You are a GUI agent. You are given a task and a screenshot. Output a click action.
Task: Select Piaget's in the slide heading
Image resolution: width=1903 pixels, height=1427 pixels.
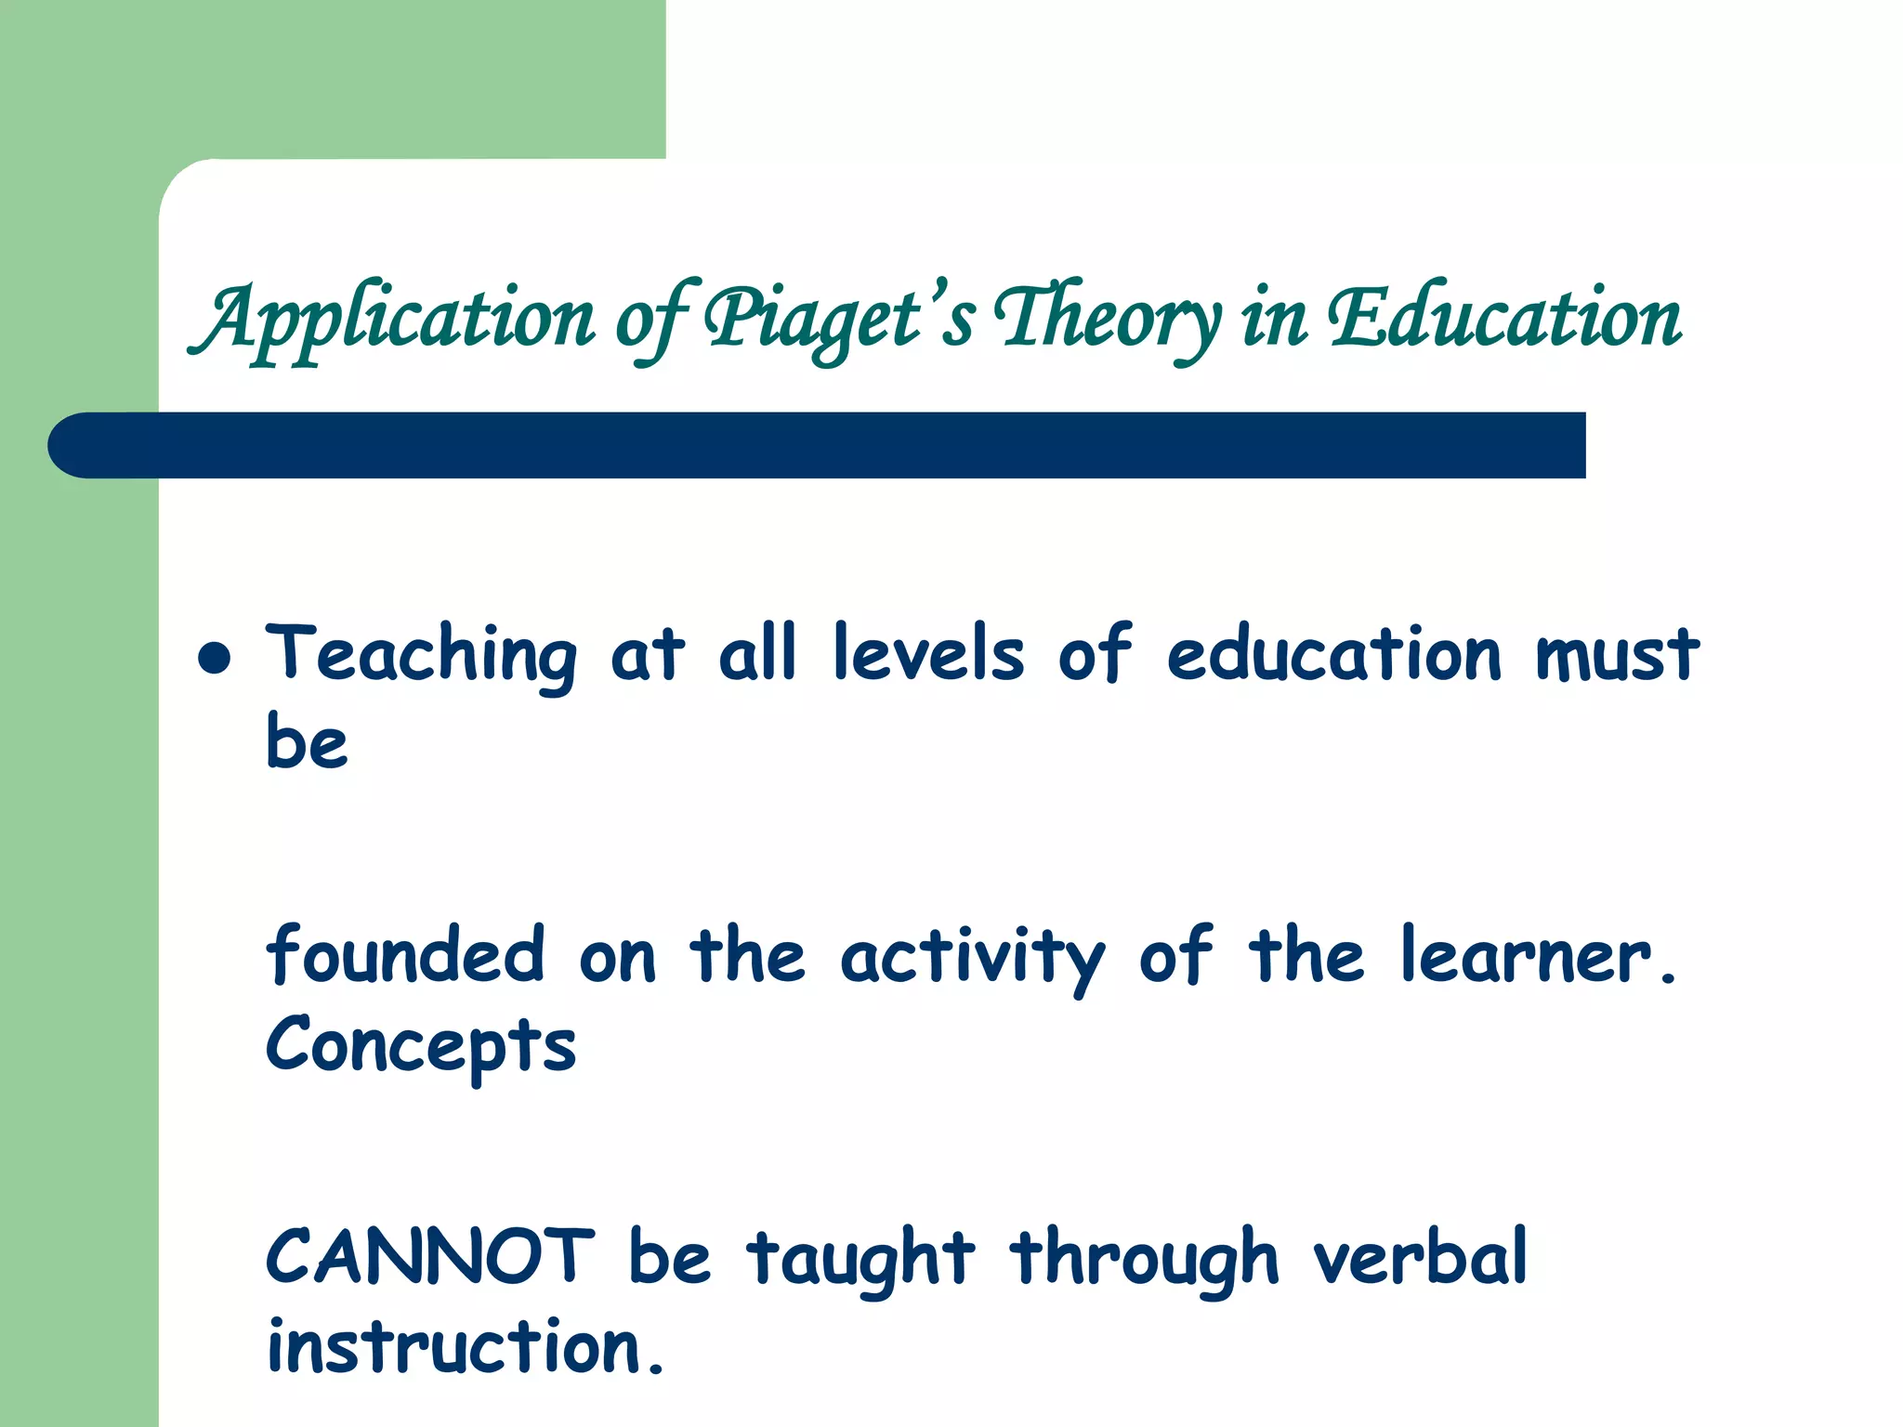tap(839, 319)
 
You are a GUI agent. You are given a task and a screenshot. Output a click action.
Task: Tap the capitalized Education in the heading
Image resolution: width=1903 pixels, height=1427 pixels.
tap(1503, 319)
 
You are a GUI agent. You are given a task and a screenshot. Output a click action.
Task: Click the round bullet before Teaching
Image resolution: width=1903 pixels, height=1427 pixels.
tap(215, 658)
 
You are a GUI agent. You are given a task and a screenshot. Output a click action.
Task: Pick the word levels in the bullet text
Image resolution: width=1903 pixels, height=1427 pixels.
tap(928, 653)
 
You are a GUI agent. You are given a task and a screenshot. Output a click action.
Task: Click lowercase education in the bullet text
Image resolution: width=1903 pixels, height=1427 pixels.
tap(1333, 653)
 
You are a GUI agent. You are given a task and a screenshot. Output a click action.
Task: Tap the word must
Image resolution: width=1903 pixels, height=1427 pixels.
tap(1617, 653)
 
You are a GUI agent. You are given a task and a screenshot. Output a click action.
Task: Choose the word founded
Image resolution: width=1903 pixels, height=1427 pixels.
tap(405, 955)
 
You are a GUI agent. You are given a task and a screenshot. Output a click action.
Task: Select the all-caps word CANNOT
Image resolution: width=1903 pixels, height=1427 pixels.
tap(430, 1256)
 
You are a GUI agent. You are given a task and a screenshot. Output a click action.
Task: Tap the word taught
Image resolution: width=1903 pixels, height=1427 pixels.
tap(860, 1259)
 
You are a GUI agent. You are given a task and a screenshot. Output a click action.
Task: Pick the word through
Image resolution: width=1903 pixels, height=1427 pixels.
tap(1145, 1259)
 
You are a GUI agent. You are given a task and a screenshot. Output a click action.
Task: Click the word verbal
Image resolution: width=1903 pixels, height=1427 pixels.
tap(1420, 1256)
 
